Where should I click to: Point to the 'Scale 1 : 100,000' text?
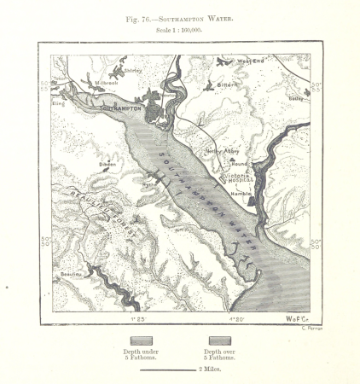(180, 30)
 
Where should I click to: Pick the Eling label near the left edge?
(58, 103)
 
